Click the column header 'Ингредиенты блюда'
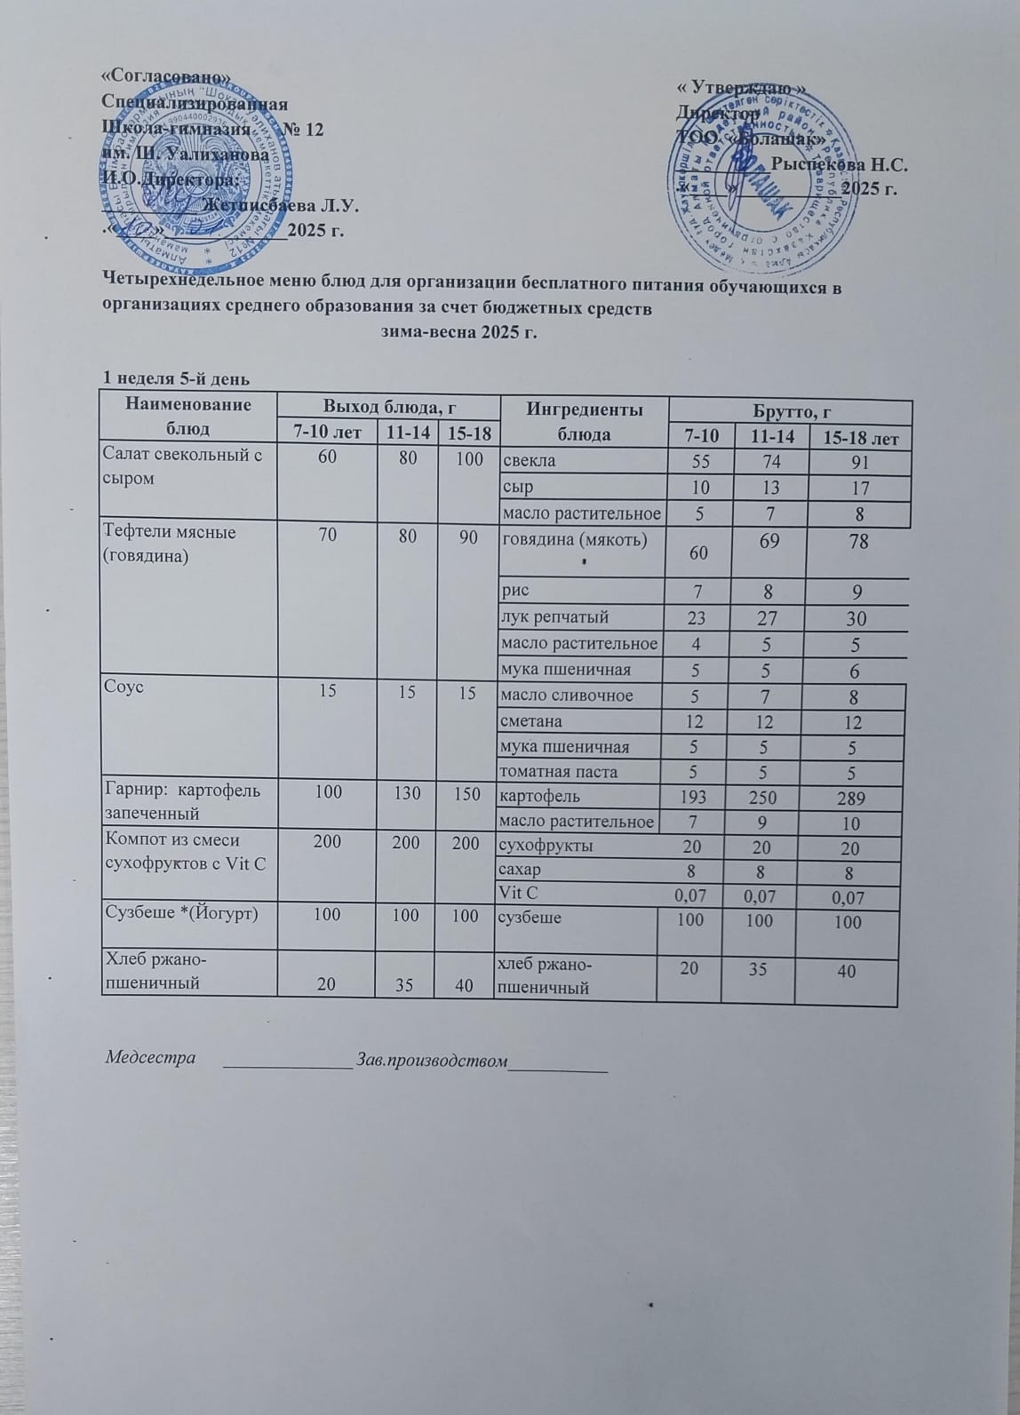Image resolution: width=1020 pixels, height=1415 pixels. coord(584,421)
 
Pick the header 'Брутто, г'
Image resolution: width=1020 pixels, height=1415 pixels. coord(791,411)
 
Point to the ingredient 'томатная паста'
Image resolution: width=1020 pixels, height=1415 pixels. coord(559,772)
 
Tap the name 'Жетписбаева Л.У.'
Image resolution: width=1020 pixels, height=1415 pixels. coord(280,206)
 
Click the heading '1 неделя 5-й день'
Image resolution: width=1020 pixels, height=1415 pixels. coord(177,378)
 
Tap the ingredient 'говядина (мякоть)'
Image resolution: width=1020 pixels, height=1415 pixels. coord(573,540)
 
